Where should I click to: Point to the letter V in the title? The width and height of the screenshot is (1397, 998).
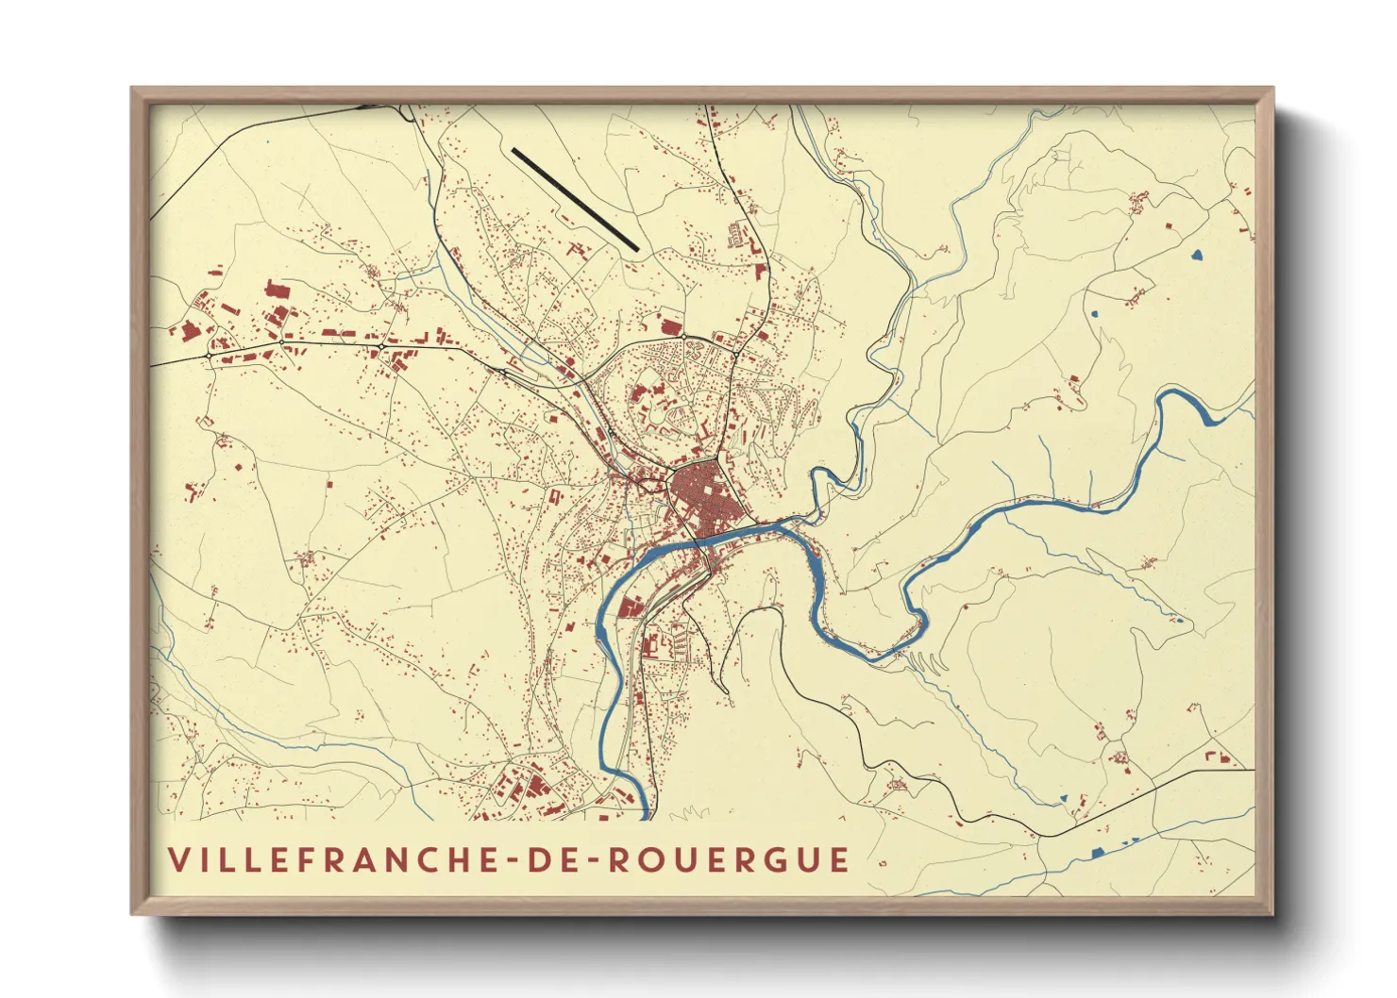[178, 859]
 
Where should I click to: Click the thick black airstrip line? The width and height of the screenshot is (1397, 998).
[575, 199]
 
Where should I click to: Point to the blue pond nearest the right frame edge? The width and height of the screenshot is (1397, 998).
[1198, 254]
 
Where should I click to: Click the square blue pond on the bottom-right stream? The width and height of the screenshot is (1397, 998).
[1097, 853]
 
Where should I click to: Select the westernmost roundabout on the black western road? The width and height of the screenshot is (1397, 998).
[208, 356]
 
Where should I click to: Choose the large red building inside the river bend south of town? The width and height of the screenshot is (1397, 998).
[631, 606]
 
